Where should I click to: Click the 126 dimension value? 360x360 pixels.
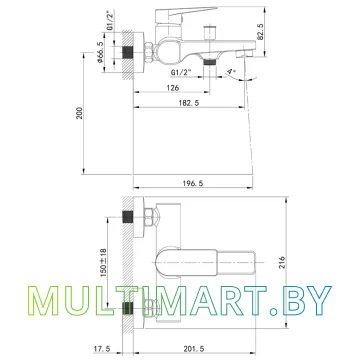[173, 88]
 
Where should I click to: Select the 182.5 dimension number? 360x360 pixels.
[189, 103]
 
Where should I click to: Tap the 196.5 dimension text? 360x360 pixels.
[192, 183]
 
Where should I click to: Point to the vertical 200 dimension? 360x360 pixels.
[80, 114]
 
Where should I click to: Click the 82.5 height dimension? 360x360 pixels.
[261, 32]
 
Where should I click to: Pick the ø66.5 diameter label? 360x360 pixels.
[99, 52]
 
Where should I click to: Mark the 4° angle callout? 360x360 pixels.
[231, 72]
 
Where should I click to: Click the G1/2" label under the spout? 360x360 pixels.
[182, 72]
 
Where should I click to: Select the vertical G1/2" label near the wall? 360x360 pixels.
[110, 21]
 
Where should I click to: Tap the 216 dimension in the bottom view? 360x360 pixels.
[282, 263]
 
